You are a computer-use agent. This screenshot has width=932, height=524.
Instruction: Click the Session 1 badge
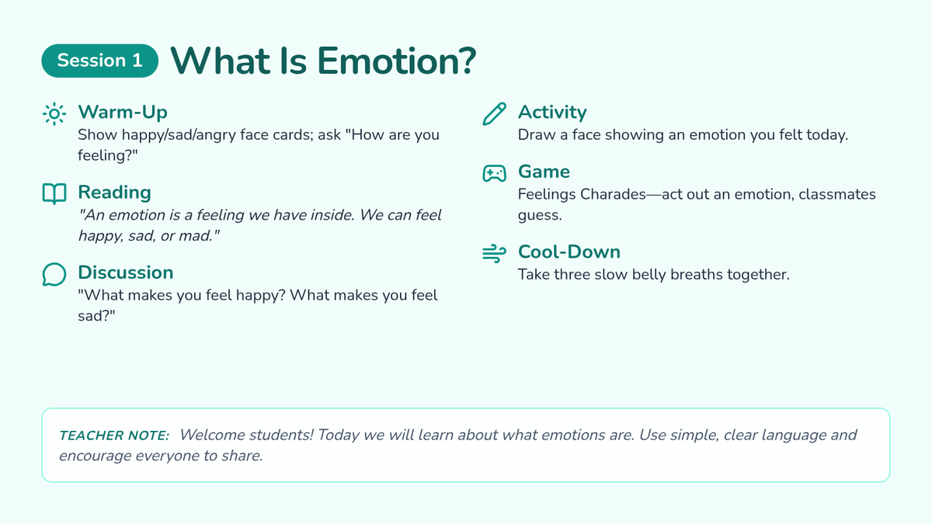[100, 61]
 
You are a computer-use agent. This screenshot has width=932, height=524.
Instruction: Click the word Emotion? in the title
[397, 61]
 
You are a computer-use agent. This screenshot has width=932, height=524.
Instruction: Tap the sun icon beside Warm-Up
[54, 113]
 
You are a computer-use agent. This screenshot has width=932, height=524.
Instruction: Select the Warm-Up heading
[123, 112]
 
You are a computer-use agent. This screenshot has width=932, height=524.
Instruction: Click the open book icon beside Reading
[54, 194]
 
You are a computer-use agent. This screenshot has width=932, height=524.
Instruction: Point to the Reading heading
[114, 193]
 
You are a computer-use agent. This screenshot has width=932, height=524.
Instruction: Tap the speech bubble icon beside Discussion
[54, 275]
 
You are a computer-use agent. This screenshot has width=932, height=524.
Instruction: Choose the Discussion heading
[126, 272]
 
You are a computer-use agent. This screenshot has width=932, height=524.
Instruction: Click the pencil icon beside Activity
[494, 113]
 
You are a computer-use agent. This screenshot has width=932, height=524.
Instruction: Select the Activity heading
[552, 112]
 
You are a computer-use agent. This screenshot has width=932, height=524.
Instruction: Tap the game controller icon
[494, 173]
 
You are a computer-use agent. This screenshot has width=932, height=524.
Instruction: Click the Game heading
[544, 172]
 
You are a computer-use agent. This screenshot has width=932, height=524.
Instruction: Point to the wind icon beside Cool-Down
[494, 253]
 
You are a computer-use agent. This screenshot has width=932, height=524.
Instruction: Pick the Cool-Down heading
[569, 252]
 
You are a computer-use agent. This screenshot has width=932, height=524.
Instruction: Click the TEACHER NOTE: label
[114, 436]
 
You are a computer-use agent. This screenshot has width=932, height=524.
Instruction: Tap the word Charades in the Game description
[613, 194]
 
